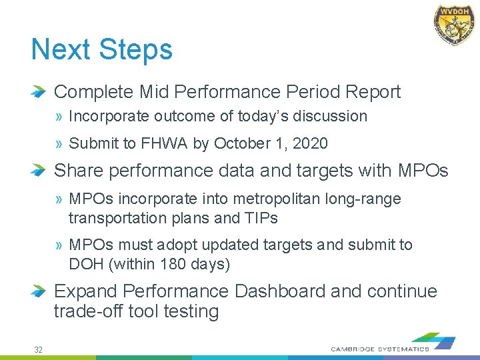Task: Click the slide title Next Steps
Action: coord(101,50)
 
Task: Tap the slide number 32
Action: coord(39,349)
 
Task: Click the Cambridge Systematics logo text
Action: coord(380,349)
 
